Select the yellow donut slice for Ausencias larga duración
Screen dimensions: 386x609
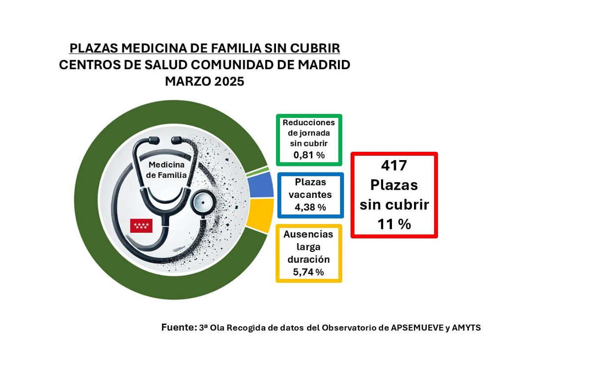click(261, 214)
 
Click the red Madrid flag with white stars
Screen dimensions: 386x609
click(141, 225)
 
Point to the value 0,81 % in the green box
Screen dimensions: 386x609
click(309, 155)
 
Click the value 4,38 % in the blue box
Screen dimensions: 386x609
click(310, 207)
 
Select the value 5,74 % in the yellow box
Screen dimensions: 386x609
click(308, 272)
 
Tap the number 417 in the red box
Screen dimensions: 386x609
click(394, 165)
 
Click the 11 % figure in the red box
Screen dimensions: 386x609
click(394, 224)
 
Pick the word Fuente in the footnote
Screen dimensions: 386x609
click(178, 327)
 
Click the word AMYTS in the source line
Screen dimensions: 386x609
click(466, 328)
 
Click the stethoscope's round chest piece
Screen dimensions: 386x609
click(202, 202)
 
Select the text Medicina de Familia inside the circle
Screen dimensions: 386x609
click(166, 170)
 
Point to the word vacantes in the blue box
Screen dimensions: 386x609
click(310, 194)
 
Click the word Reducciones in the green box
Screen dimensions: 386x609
click(308, 122)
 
